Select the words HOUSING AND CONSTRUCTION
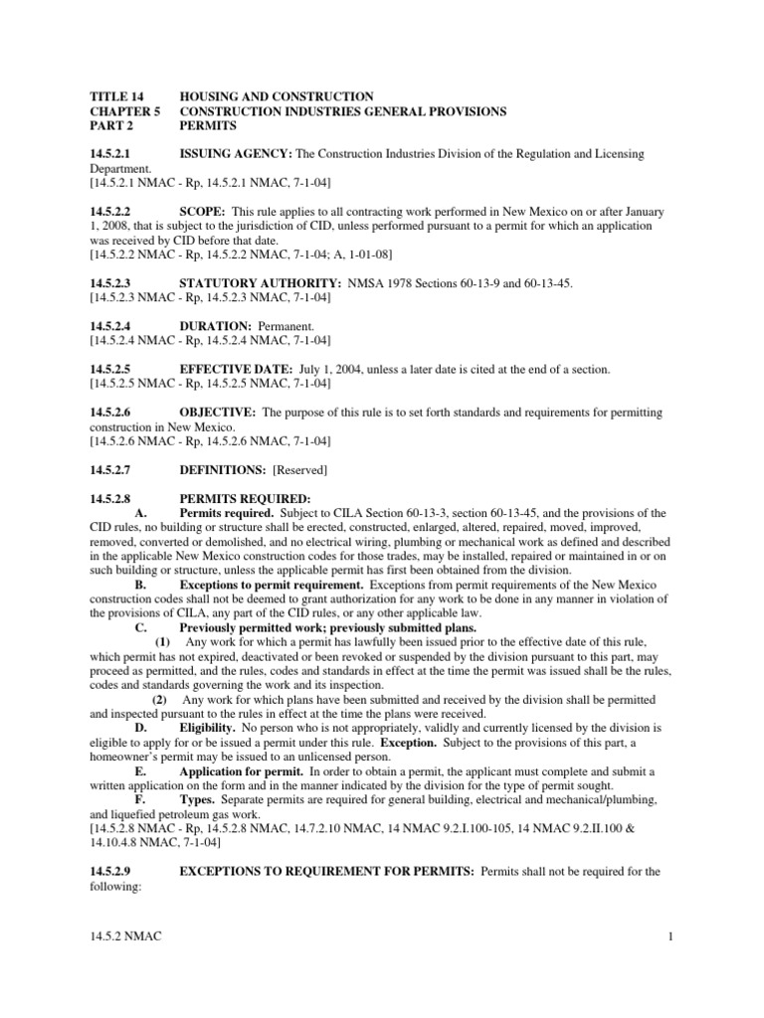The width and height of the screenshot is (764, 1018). tap(277, 97)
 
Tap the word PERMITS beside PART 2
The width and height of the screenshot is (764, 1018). tap(209, 127)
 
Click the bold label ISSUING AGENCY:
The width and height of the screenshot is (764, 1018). tap(235, 155)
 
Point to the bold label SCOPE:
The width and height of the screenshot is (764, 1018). tap(201, 213)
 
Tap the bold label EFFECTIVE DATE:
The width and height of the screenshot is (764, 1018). tap(236, 370)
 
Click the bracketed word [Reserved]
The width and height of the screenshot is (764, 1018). tap(301, 469)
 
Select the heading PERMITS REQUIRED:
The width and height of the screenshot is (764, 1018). tap(245, 498)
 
